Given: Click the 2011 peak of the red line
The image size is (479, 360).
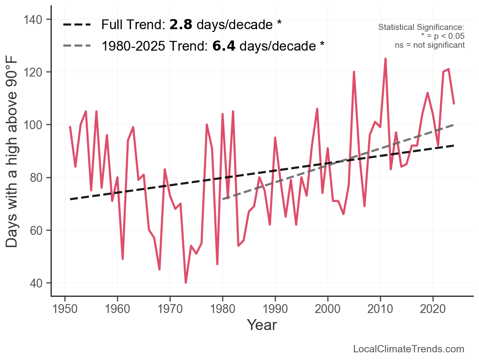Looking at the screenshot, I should point(386,59).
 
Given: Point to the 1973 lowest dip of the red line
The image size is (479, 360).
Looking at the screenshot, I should point(186,282).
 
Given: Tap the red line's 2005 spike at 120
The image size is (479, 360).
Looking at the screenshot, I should point(354,72).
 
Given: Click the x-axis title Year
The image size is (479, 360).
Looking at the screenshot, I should point(262,325).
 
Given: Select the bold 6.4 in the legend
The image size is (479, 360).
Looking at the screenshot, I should point(224,46).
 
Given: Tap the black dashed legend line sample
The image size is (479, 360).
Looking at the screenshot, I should point(77,25).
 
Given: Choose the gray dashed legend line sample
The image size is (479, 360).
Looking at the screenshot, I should point(77,46).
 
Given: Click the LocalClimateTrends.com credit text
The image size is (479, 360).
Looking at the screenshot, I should point(409,349).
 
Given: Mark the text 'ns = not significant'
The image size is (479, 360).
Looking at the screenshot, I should point(430,45).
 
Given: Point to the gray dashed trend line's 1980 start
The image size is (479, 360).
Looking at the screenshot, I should point(223,199).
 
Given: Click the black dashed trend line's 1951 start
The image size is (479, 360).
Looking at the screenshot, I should point(70,199).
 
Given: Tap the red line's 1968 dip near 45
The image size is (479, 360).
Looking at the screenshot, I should point(159,269).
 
